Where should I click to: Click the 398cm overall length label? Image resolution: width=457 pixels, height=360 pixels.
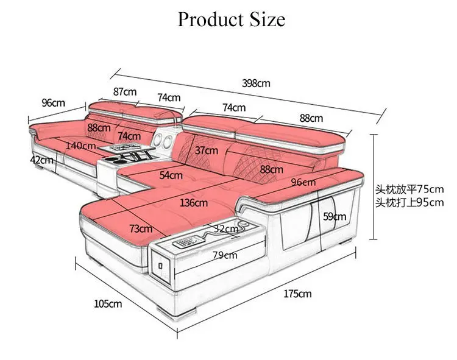point(256,83)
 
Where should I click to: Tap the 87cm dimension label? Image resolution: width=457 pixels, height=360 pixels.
point(125,92)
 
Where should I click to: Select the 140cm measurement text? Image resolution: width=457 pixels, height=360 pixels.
point(80,146)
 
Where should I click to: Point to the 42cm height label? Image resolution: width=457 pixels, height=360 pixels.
point(41,160)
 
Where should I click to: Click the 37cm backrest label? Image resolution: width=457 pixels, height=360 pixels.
point(207,150)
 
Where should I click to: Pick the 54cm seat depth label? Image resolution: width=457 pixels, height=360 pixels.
point(171,175)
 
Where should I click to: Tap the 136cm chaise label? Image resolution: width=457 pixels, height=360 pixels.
point(194,203)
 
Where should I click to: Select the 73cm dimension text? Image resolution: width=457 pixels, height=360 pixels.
point(141,228)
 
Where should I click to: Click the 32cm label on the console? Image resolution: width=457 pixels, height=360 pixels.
point(226,228)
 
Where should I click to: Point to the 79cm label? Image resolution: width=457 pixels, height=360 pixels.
point(225,255)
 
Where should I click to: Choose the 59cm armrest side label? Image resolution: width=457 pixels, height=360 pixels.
point(335,216)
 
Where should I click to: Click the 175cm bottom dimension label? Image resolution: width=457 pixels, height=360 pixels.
point(297,294)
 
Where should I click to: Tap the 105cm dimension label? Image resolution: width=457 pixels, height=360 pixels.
point(108,304)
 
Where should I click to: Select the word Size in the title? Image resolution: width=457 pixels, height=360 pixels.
point(267,19)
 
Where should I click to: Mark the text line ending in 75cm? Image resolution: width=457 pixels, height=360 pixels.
point(409,189)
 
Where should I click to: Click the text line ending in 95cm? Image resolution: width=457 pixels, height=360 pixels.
point(409,202)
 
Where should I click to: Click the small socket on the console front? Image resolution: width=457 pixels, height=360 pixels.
point(160,266)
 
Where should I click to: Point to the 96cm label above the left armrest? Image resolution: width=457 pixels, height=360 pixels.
point(54,103)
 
